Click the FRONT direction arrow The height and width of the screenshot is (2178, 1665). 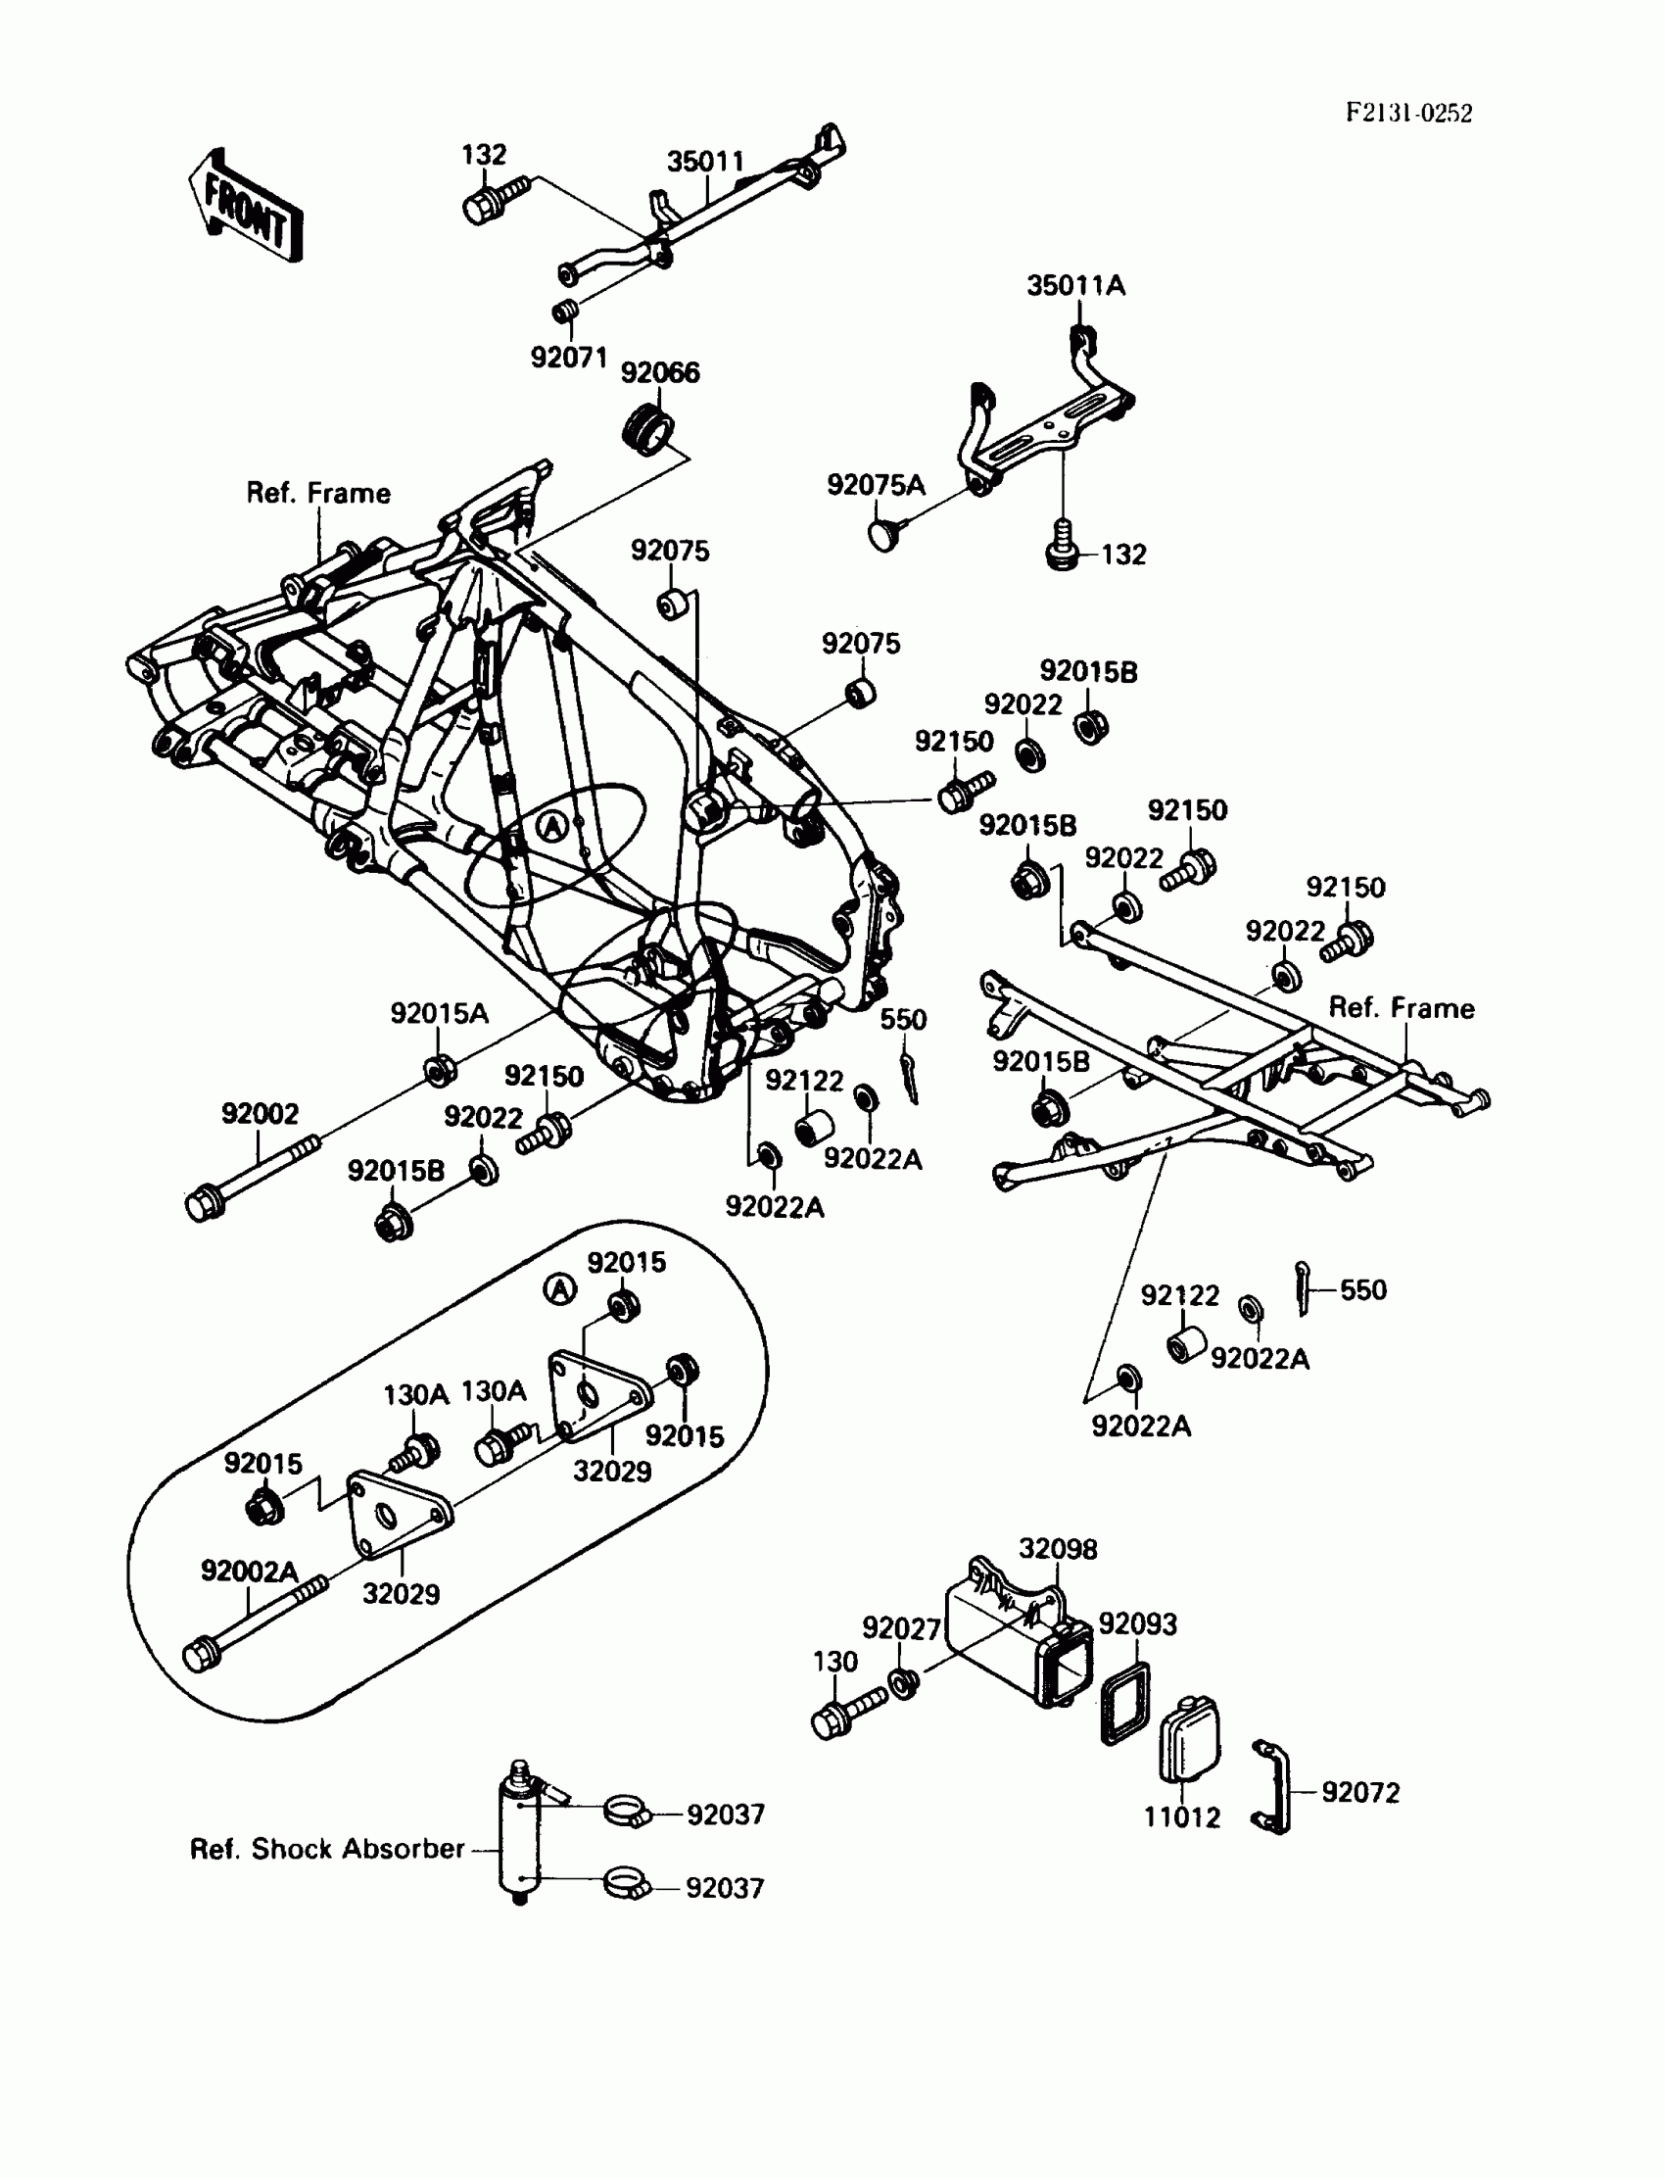click(246, 206)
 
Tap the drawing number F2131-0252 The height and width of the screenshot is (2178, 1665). click(1407, 113)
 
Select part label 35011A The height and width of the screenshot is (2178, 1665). click(1075, 286)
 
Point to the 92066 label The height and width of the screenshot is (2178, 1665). click(659, 372)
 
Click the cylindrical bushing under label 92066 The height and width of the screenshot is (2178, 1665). click(647, 430)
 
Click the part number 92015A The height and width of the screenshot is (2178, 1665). click(439, 1013)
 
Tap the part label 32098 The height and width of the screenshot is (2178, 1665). click(1058, 1548)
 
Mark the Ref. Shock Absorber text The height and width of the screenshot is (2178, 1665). click(326, 1849)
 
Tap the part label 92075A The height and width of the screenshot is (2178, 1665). click(876, 485)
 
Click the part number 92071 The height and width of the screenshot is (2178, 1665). click(568, 358)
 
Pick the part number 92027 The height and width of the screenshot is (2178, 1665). click(900, 1627)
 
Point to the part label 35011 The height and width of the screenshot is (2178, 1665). click(704, 162)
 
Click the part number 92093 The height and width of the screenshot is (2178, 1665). click(1137, 1623)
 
